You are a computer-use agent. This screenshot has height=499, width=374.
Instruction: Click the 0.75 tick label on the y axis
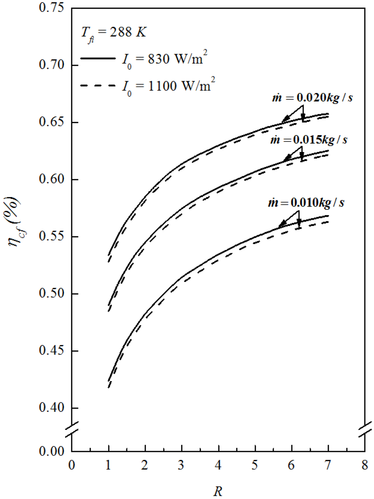click(51, 8)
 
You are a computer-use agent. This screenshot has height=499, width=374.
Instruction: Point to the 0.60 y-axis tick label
click(51, 179)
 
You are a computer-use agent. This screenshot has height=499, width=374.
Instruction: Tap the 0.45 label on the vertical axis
click(51, 350)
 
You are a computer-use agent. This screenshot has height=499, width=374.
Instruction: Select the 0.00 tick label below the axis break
click(51, 451)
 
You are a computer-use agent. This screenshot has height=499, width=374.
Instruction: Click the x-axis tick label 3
click(181, 465)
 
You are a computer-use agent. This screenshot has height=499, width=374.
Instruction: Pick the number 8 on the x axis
click(365, 465)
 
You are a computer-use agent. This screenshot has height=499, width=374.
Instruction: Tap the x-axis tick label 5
click(255, 465)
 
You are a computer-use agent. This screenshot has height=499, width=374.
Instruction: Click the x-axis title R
click(218, 491)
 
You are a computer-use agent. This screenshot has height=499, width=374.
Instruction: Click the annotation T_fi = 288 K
click(113, 34)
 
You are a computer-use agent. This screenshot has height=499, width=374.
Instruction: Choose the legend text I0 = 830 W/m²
click(164, 59)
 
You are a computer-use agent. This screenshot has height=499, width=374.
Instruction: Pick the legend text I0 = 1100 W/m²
click(168, 86)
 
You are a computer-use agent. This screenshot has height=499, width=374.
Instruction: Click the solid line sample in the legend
click(98, 58)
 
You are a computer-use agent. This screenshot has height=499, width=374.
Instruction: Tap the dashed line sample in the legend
click(98, 85)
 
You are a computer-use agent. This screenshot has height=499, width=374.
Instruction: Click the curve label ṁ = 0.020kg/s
click(313, 98)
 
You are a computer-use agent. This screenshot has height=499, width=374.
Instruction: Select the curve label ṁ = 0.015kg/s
click(309, 140)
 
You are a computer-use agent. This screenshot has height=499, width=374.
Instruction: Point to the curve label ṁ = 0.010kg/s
click(306, 203)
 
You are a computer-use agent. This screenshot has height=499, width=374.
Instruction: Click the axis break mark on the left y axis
click(72, 429)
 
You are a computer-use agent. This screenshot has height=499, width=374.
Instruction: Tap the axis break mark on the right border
click(365, 429)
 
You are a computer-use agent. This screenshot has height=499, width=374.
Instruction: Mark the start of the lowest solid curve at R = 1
click(108, 380)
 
